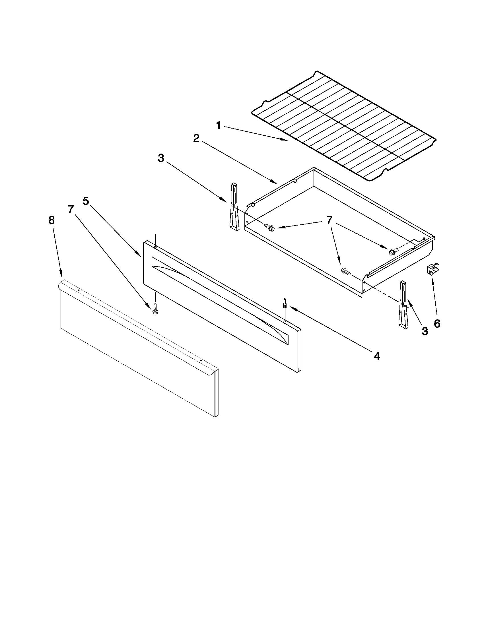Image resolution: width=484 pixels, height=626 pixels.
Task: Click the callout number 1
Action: coord(219,125)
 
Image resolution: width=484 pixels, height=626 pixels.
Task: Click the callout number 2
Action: coord(196,139)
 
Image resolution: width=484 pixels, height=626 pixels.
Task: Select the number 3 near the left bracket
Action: coord(161,158)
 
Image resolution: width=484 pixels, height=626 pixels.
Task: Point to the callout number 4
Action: coord(377,356)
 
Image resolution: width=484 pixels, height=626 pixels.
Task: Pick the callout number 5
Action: coord(86,201)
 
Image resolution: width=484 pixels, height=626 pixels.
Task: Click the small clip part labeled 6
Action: coord(433,269)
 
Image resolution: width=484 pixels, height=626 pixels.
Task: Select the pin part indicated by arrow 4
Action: coord(285,303)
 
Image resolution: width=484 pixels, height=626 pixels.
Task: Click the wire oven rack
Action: coord(344,126)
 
